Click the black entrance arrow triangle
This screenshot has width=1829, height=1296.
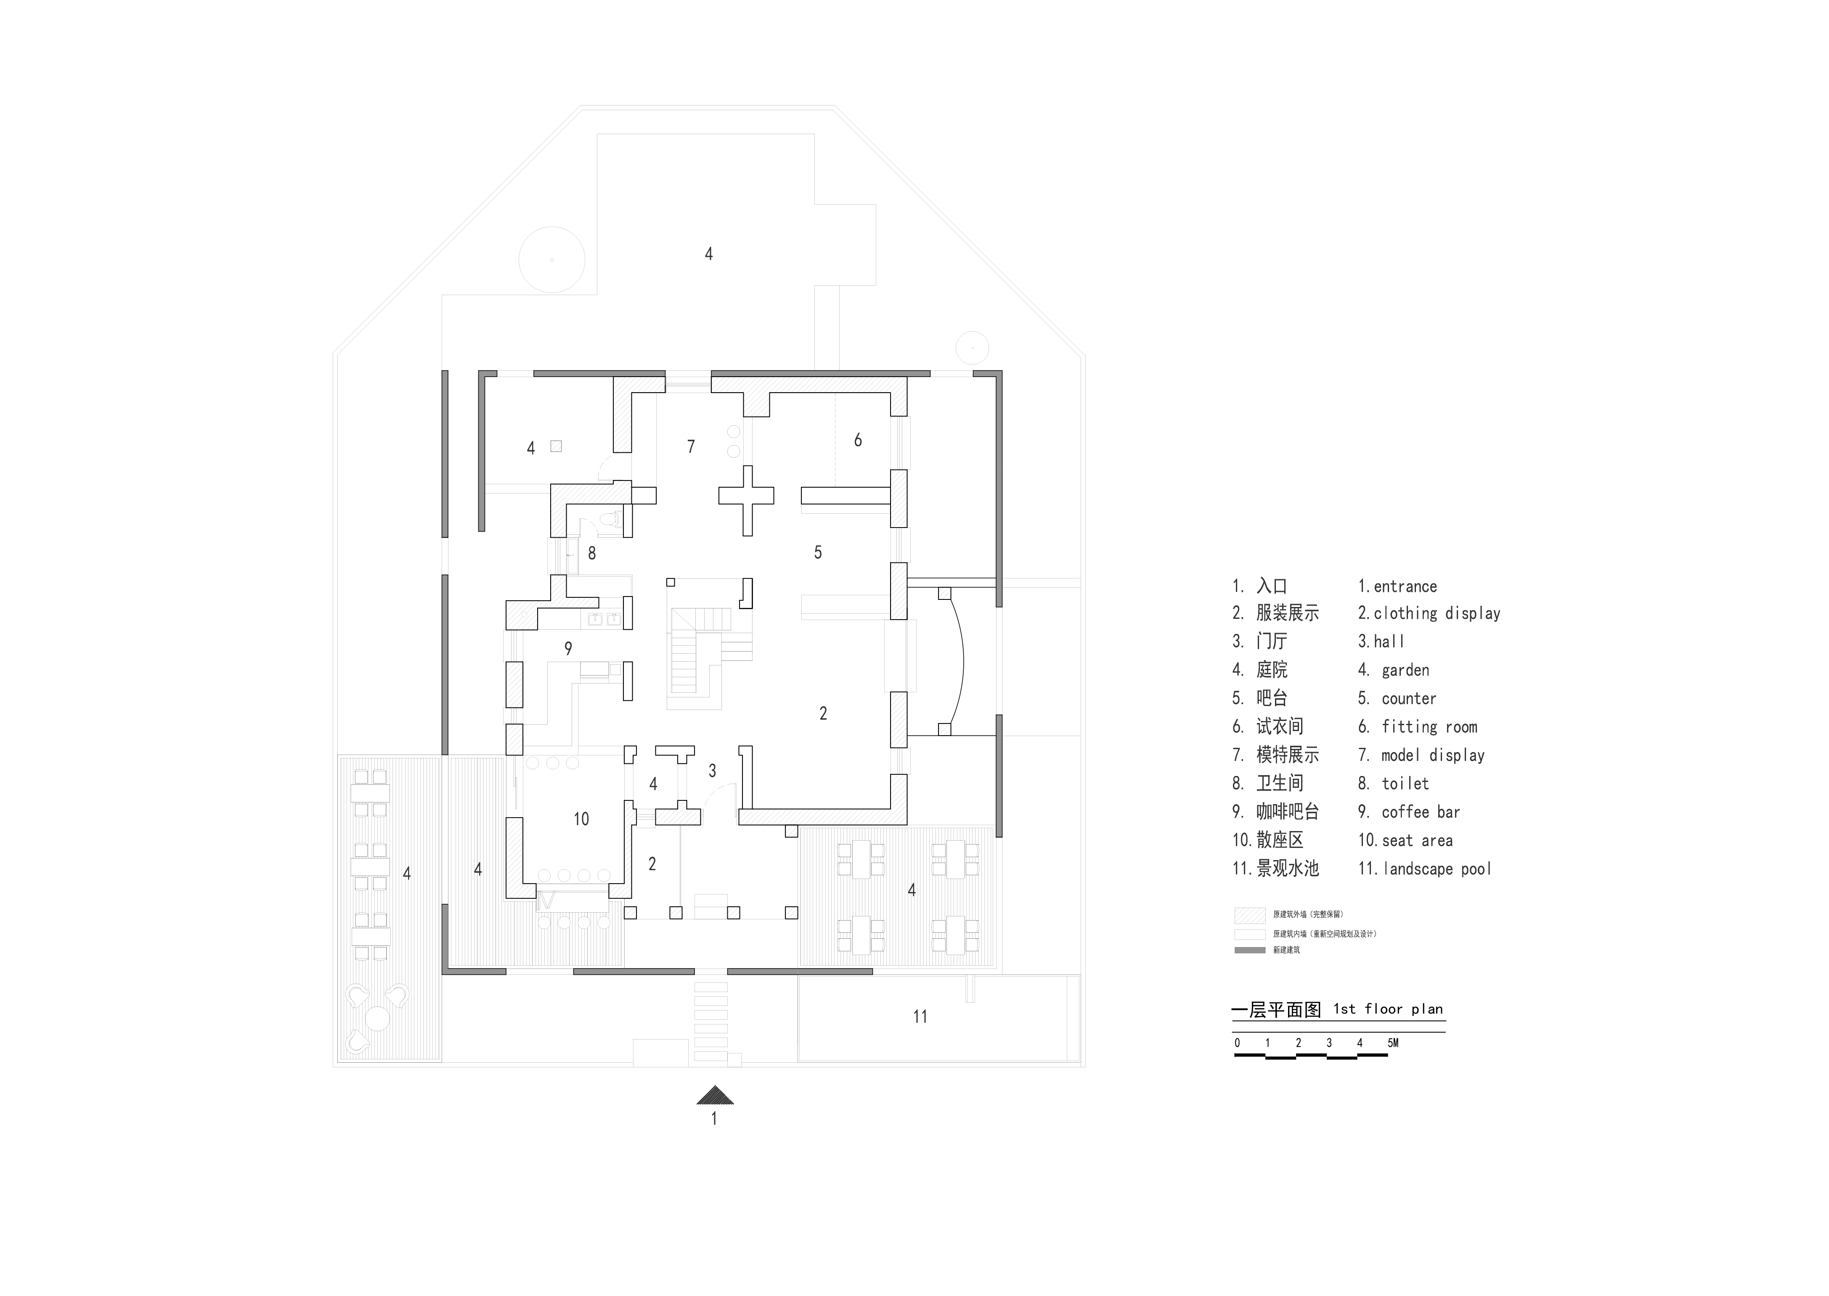click(715, 1095)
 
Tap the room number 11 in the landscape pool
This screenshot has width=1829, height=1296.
click(920, 1017)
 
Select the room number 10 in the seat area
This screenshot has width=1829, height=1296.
click(581, 819)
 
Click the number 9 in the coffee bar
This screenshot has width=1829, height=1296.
click(568, 649)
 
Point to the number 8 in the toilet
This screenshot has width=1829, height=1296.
click(591, 553)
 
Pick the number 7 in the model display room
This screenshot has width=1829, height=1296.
click(692, 447)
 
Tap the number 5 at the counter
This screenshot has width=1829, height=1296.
click(817, 552)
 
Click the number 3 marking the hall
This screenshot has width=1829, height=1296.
click(712, 771)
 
